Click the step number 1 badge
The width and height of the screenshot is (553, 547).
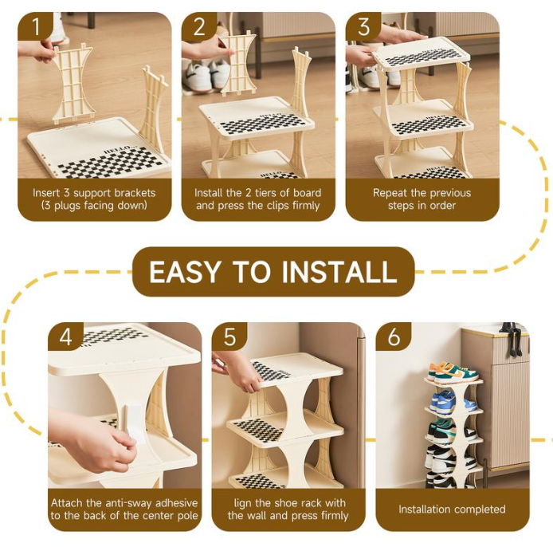coord(34,26)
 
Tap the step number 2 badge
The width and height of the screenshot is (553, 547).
coord(199,26)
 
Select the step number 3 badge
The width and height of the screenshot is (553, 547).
coord(363,26)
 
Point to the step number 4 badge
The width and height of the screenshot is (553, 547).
coord(65,336)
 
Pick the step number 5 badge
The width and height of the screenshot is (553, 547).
coord(229,336)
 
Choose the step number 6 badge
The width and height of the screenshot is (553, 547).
coord(394,336)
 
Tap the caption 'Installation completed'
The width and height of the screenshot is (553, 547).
coord(452,509)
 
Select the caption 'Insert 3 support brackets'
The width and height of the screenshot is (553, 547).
coord(94,193)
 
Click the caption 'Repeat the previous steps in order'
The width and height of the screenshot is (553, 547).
coord(422,199)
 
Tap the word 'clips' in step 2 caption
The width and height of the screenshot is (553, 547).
coord(276,206)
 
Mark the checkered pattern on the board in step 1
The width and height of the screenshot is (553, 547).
coord(112,163)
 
